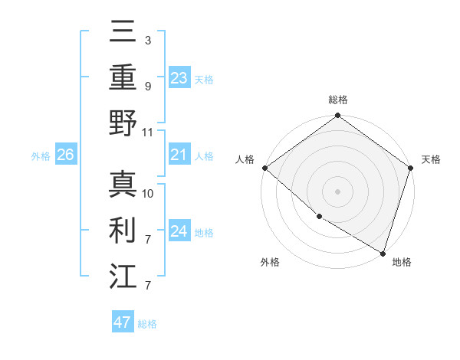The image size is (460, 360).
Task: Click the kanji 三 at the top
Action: click(x=123, y=34)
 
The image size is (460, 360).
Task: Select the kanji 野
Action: click(x=123, y=123)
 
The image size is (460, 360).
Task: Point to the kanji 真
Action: click(x=123, y=184)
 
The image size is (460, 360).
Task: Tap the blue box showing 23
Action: click(x=179, y=78)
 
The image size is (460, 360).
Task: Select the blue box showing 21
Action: click(x=179, y=155)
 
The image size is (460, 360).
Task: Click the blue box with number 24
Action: click(x=179, y=231)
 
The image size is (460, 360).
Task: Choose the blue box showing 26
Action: click(x=65, y=155)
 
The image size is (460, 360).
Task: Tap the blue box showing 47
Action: click(x=122, y=322)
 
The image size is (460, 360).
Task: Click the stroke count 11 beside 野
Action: click(x=148, y=132)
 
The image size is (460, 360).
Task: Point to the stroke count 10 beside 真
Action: click(x=148, y=193)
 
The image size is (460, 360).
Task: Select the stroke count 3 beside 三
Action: click(x=148, y=40)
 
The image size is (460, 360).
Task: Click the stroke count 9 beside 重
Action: click(x=148, y=86)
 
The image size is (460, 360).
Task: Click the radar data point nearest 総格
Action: click(x=337, y=116)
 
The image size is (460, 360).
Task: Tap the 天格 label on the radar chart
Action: click(x=431, y=159)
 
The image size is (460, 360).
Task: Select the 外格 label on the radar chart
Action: click(x=270, y=262)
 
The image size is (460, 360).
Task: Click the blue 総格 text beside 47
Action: click(x=147, y=324)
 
